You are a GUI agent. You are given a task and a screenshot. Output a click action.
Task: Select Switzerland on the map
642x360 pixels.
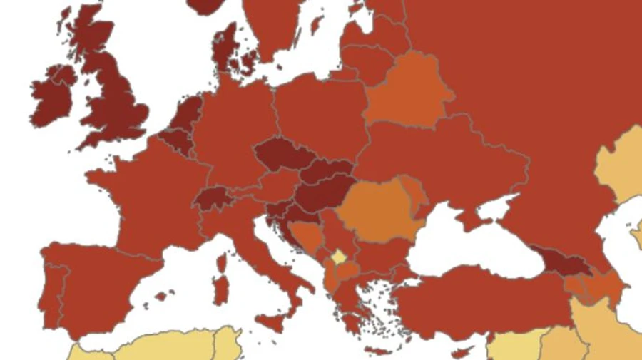coord(212,197)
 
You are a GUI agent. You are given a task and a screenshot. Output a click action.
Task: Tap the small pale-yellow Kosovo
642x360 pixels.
coord(339,255)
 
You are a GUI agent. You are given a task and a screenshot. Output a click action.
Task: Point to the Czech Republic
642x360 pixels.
coord(280,155)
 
